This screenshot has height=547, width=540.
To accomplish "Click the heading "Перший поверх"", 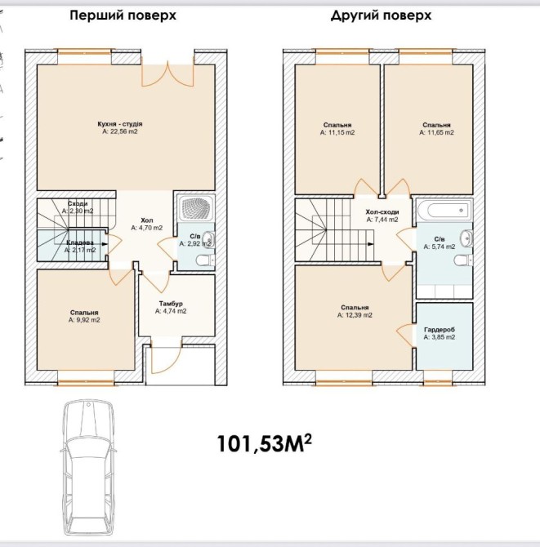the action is (123, 16).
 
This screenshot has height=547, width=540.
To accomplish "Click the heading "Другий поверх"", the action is (381, 16).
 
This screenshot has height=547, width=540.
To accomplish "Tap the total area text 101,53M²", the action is (264, 443).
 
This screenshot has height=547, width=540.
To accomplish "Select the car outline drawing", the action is (89, 468).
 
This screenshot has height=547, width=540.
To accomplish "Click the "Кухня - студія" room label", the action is (120, 124).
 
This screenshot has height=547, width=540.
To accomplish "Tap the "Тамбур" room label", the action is (171, 304).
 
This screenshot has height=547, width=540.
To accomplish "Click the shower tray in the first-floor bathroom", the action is (195, 208).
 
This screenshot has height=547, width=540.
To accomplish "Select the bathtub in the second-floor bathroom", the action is (444, 211).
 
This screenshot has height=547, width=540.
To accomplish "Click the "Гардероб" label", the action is (440, 330).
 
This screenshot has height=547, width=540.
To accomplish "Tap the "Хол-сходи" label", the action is (382, 212).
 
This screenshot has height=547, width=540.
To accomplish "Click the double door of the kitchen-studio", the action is (167, 74).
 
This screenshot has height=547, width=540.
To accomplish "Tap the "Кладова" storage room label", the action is (80, 242).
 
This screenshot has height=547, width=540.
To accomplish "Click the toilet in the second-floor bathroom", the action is (463, 260).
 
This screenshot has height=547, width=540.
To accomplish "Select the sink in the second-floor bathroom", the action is (466, 238).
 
